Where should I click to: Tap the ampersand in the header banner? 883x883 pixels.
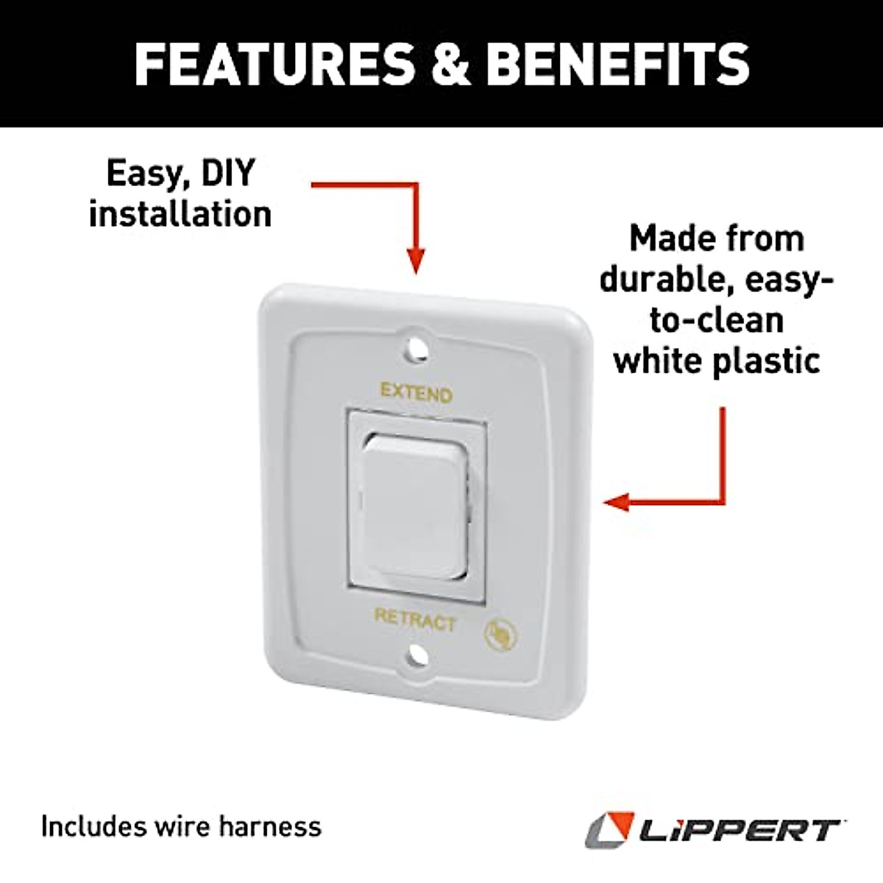pyautogui.click(x=450, y=63)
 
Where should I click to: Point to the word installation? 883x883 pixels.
pyautogui.click(x=180, y=214)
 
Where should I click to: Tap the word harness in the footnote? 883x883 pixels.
pyautogui.click(x=280, y=826)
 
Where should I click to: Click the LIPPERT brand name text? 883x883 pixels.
pyautogui.click(x=740, y=831)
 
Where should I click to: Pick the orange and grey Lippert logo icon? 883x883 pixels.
pyautogui.click(x=609, y=829)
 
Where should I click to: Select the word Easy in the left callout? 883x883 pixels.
pyautogui.click(x=140, y=174)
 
